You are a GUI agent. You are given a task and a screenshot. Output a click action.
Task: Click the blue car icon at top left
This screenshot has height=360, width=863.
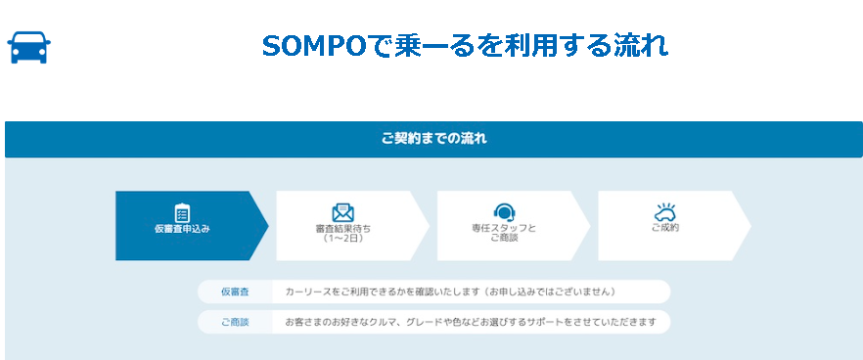(29, 47)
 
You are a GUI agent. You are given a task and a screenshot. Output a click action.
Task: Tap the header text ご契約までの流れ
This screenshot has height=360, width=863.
(433, 139)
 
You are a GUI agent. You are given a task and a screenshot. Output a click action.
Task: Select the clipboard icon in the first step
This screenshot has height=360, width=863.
(182, 212)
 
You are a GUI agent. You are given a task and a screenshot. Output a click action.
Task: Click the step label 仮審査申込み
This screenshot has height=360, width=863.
(182, 229)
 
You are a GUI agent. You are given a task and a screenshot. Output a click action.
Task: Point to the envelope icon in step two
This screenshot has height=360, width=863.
(342, 212)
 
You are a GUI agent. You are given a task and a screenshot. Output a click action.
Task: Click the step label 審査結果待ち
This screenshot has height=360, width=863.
(342, 229)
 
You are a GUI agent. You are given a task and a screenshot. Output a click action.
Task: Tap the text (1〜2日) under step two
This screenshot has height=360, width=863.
(342, 238)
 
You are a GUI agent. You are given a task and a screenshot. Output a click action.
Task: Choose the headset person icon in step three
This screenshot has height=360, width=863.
(504, 212)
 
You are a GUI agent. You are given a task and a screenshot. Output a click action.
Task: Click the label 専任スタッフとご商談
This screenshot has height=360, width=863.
(504, 233)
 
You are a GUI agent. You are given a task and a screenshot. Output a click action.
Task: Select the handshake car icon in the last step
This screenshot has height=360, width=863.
(665, 212)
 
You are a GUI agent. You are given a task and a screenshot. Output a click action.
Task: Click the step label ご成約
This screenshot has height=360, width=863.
(665, 229)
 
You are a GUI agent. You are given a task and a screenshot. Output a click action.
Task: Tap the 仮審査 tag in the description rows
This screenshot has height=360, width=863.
(235, 292)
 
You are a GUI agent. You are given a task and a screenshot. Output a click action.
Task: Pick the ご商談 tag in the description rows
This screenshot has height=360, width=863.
(235, 322)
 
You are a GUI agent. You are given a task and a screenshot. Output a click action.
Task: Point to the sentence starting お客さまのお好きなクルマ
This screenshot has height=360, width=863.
(470, 322)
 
